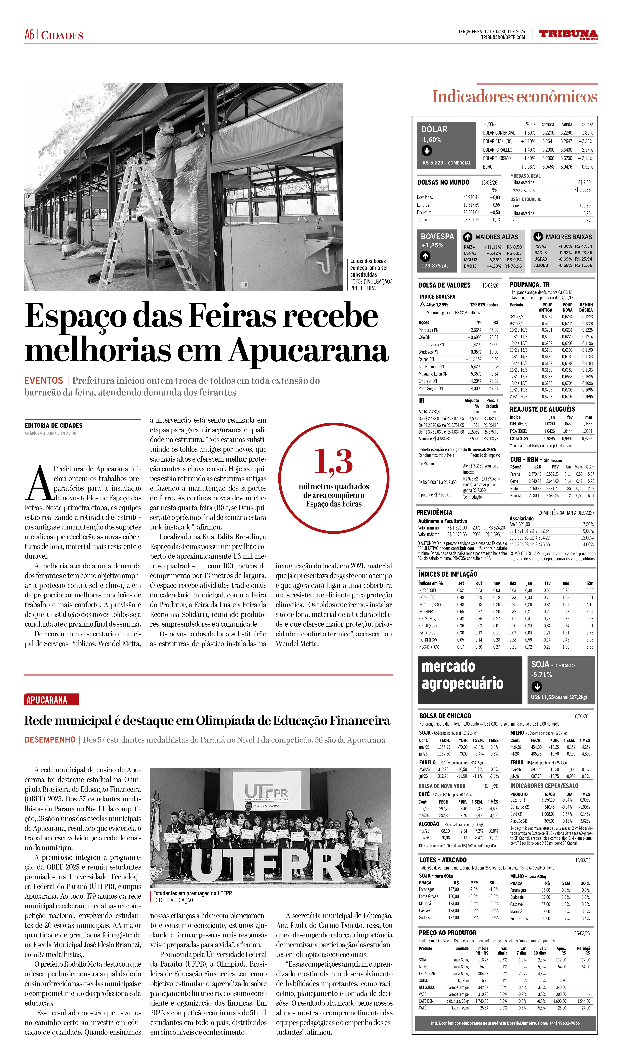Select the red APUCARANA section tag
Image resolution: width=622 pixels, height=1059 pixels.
pyautogui.click(x=51, y=700)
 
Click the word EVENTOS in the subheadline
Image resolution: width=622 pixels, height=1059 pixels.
pyautogui.click(x=44, y=381)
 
